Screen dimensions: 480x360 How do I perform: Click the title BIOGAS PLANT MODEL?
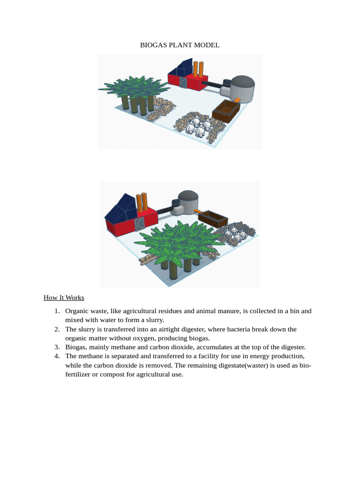[180, 45]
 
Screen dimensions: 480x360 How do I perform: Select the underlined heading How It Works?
[64, 298]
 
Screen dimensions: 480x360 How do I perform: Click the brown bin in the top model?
[226, 111]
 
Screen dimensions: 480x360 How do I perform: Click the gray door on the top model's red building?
[183, 83]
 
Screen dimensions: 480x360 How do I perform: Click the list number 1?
[56, 311]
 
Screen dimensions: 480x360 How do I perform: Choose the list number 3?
[56, 347]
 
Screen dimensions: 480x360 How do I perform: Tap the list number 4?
[56, 356]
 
